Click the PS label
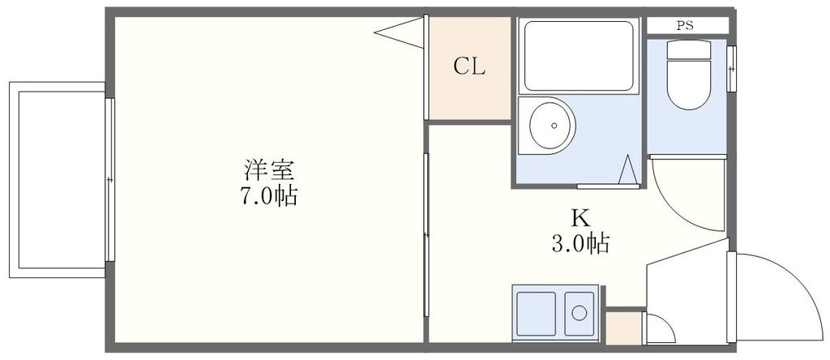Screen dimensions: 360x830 (687, 25)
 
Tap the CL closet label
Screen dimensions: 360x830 (468, 66)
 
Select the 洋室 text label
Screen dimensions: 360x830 (268, 170)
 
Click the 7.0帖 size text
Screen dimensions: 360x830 (268, 196)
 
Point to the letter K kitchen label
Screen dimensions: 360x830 (580, 217)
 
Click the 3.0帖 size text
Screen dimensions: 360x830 (580, 242)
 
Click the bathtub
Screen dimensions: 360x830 (578, 55)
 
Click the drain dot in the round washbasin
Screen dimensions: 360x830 (554, 126)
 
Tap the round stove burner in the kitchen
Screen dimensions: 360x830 (579, 312)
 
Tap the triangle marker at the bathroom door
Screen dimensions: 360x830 (627, 170)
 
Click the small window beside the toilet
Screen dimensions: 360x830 (732, 69)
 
